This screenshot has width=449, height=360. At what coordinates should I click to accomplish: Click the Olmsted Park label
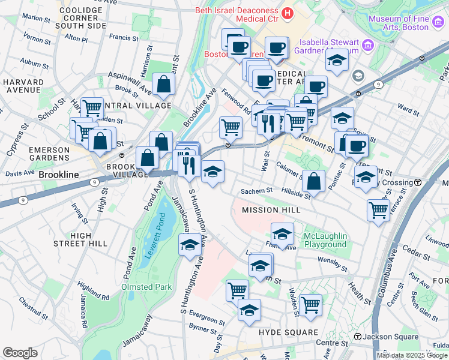coord(146,287)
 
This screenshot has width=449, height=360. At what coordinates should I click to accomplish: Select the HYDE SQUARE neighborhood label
coord(288,332)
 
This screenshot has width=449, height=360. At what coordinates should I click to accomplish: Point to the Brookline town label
coord(59,175)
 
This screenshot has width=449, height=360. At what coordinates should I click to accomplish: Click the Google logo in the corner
coord(20,353)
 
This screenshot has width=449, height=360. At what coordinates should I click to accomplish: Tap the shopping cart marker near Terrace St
coord(378,209)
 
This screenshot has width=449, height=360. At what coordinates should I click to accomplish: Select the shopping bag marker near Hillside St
coord(313,179)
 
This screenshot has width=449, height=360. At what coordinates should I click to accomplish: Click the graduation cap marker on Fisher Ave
coord(282,233)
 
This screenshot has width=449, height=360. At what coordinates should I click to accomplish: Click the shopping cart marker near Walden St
coord(310,304)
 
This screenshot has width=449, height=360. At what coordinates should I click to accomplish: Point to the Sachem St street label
coord(256,191)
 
